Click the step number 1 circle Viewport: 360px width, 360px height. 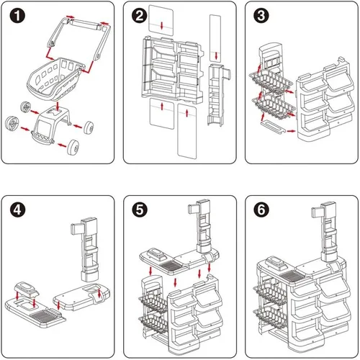[17, 16]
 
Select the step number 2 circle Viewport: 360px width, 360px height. [140, 16]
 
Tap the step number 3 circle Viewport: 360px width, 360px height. [261, 16]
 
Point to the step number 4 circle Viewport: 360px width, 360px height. [17, 210]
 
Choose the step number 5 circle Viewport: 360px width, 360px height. [140, 210]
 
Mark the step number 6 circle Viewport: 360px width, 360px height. [261, 210]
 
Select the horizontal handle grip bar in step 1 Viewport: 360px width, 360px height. [85, 24]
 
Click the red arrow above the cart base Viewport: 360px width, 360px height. [58, 106]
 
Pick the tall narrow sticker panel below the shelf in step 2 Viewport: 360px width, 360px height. [187, 131]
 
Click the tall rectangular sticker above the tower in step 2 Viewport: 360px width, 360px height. [215, 38]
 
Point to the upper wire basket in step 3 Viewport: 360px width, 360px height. [271, 81]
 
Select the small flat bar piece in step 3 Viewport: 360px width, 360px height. [273, 126]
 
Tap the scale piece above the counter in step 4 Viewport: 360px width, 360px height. [26, 289]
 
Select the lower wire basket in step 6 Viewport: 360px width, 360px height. [270, 315]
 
